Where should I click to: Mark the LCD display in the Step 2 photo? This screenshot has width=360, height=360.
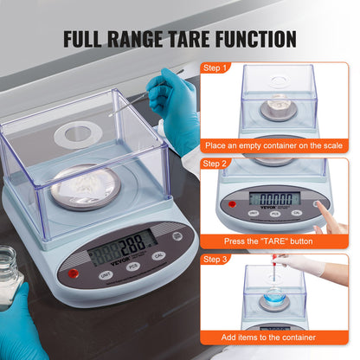pyautogui.click(x=273, y=199)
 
